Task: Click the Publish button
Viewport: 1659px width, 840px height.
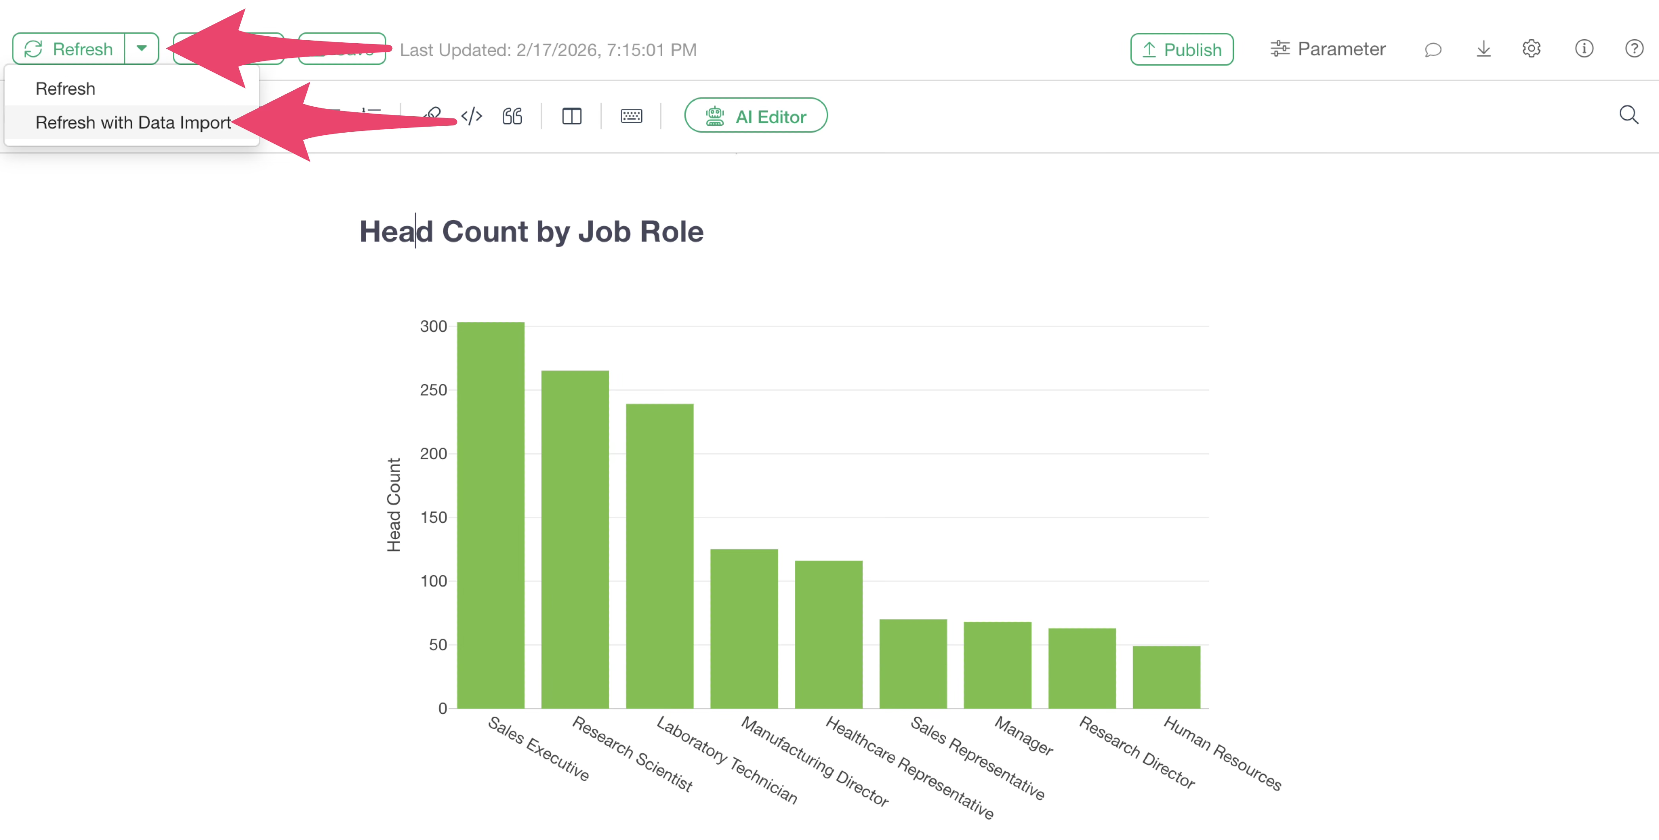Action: [x=1181, y=50]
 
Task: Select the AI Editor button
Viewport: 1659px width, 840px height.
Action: [x=756, y=116]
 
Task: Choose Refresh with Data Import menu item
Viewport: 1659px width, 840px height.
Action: [x=133, y=122]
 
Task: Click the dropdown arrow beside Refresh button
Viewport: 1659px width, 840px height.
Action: [x=142, y=48]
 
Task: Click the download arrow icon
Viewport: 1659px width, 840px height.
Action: [x=1483, y=49]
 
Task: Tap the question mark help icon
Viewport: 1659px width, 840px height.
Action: [x=1634, y=49]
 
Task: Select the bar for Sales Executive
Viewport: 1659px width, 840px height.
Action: [x=491, y=515]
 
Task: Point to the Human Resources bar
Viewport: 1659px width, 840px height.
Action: [x=1166, y=677]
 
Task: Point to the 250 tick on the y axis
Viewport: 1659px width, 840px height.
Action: [x=433, y=390]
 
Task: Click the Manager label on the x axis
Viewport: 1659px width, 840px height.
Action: [x=1024, y=735]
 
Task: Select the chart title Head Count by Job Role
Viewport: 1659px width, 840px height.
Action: [x=531, y=231]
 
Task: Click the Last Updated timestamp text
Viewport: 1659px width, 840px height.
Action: [x=548, y=50]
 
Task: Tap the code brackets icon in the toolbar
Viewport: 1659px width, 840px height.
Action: [x=471, y=116]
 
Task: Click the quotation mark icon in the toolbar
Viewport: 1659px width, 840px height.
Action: [x=512, y=116]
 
